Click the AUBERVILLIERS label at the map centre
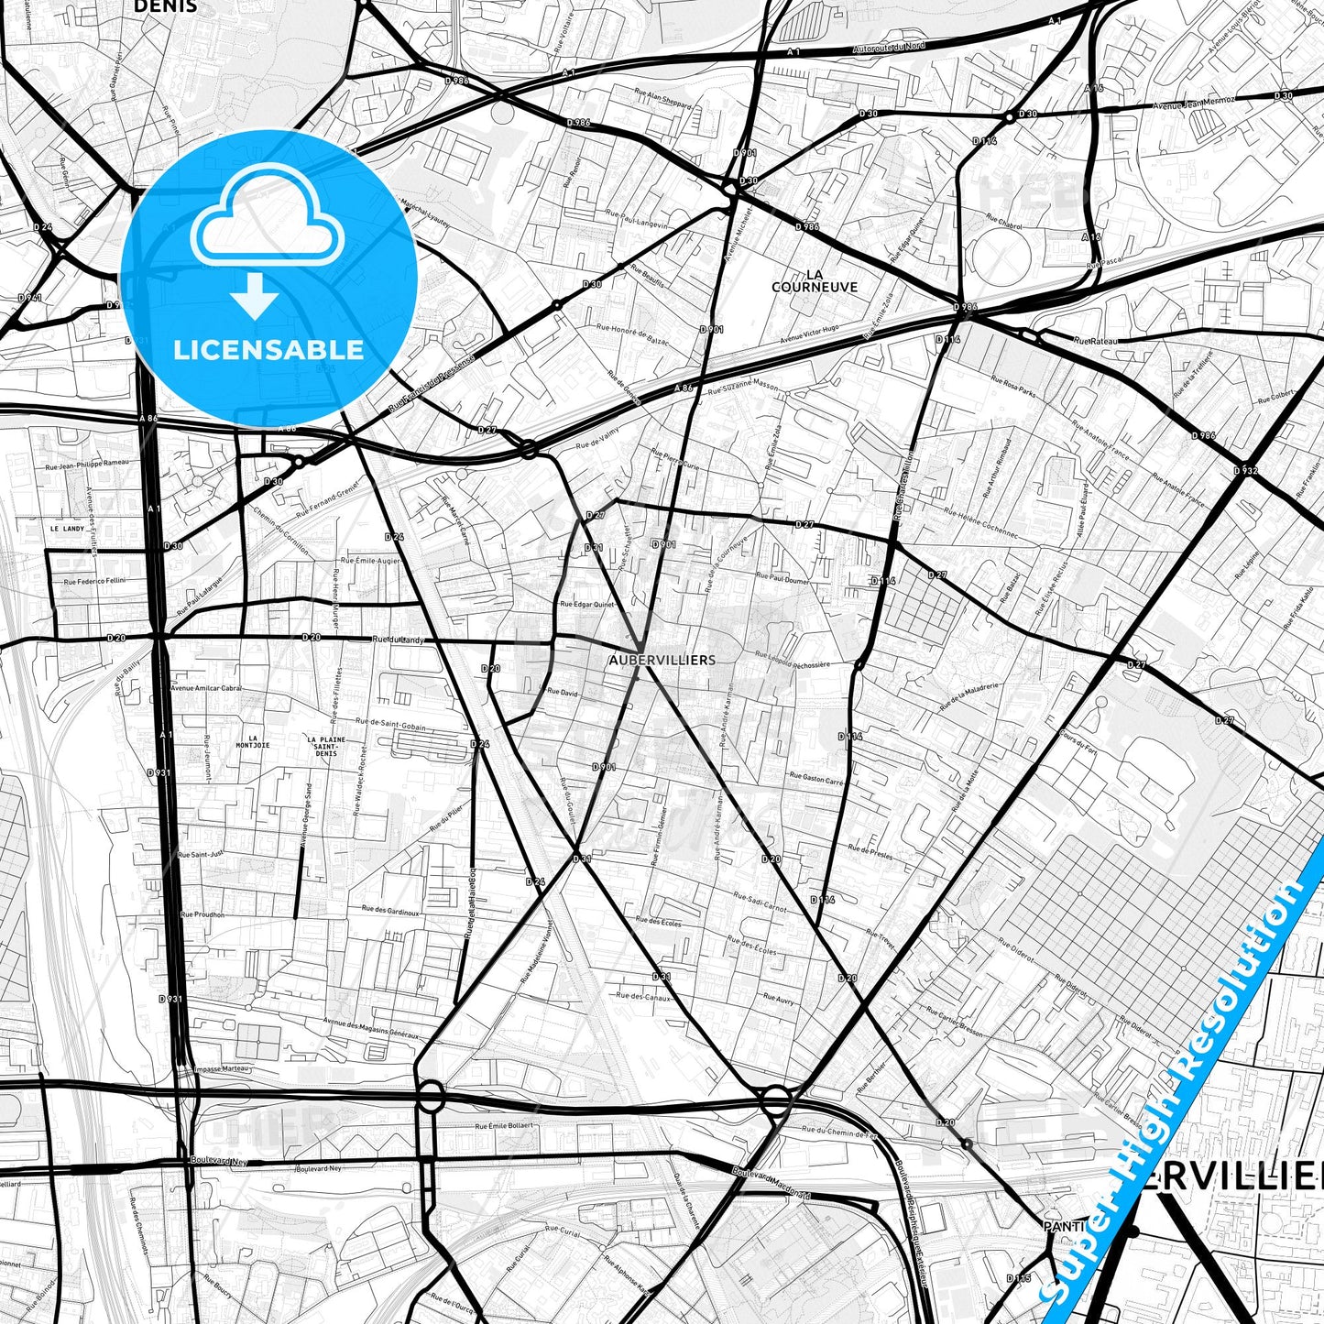(x=662, y=660)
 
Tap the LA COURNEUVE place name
(x=815, y=280)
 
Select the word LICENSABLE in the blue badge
(x=268, y=349)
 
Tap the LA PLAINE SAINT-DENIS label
(x=326, y=746)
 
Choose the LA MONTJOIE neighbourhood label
(x=253, y=742)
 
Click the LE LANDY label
(x=67, y=529)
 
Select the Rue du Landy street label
(x=399, y=640)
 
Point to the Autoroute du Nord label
(x=889, y=46)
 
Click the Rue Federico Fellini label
(x=94, y=581)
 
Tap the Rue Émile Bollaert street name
(x=503, y=1126)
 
